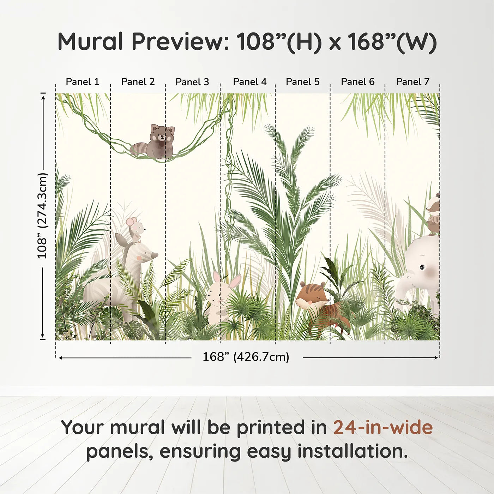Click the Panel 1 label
(x=82, y=82)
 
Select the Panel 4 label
(x=250, y=82)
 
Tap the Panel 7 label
(x=412, y=82)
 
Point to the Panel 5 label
(x=303, y=82)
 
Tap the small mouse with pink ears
(x=136, y=229)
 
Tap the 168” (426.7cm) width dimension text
(x=246, y=357)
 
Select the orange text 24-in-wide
(x=383, y=427)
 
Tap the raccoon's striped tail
(x=138, y=150)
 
